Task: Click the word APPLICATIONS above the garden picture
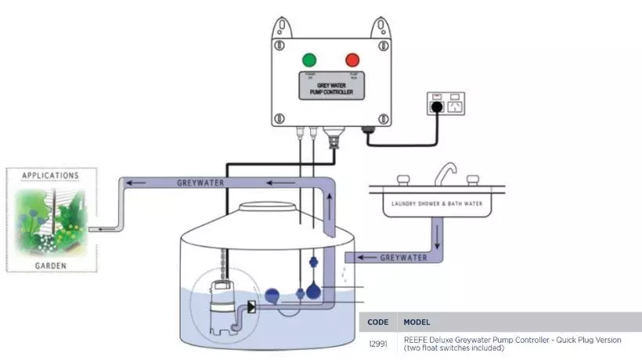51,175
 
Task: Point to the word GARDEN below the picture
51,266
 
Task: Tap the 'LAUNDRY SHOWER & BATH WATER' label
437,206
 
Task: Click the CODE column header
377,322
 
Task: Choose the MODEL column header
417,322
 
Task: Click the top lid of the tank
267,207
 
